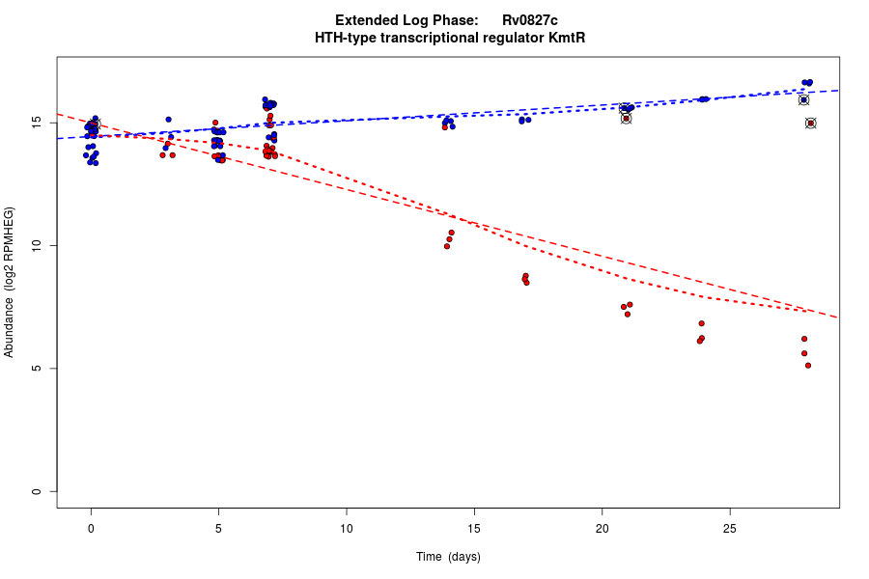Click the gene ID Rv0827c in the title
[x=529, y=20]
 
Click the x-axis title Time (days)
[x=448, y=557]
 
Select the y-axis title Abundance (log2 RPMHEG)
[x=10, y=282]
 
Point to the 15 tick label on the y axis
[x=36, y=123]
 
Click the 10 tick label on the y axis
[x=36, y=246]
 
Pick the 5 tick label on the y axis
[x=36, y=369]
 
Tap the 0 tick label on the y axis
[x=36, y=491]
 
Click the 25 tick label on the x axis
[x=729, y=527]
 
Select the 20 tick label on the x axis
[x=602, y=527]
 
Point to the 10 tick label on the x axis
[x=346, y=527]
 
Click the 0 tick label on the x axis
[x=91, y=527]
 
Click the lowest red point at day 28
[x=808, y=365]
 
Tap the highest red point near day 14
[x=451, y=233]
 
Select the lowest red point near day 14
[x=447, y=246]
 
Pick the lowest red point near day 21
[x=628, y=314]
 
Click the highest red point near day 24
[x=702, y=323]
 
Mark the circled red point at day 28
[x=811, y=124]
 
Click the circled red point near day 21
[x=626, y=119]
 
